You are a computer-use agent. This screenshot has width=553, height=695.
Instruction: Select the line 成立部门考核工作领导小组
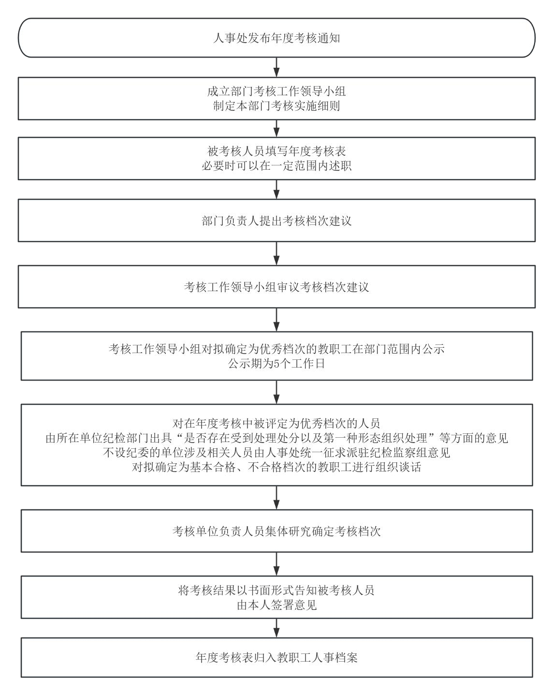[x=276, y=91]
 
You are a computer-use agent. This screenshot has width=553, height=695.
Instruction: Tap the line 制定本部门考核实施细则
[x=276, y=106]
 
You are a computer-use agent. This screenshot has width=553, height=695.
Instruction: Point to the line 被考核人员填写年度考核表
[x=276, y=151]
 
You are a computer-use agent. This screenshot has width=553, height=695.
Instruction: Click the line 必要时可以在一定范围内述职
[x=276, y=166]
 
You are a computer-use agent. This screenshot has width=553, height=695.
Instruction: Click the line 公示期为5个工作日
[x=276, y=364]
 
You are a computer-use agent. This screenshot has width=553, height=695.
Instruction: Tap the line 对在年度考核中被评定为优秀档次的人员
[x=276, y=423]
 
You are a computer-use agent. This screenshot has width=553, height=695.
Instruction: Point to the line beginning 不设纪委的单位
[x=276, y=453]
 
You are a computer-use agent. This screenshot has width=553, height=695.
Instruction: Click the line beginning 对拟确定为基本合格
[x=276, y=467]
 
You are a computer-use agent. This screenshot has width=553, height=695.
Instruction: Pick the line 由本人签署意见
[x=276, y=605]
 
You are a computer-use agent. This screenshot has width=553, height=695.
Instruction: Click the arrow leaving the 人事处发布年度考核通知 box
[x=276, y=67]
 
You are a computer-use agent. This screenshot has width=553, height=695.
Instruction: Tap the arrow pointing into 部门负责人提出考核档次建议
[x=276, y=189]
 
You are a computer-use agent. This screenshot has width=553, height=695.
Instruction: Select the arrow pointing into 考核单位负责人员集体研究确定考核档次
[x=276, y=498]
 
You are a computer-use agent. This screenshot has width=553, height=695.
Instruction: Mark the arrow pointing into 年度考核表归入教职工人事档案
[x=276, y=628]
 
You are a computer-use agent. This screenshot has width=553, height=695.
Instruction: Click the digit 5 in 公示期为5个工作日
[x=276, y=364]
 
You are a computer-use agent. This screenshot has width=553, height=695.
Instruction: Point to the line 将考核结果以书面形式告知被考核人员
[x=276, y=591]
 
